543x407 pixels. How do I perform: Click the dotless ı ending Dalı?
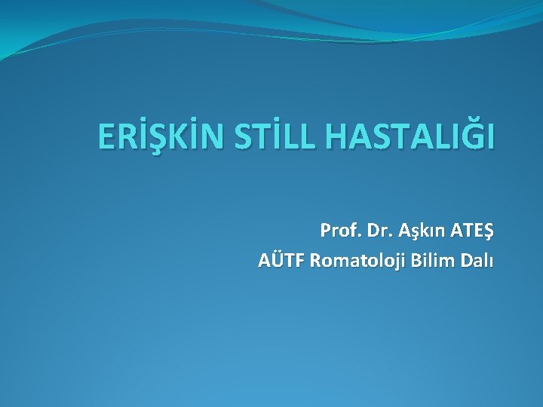coord(491,261)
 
